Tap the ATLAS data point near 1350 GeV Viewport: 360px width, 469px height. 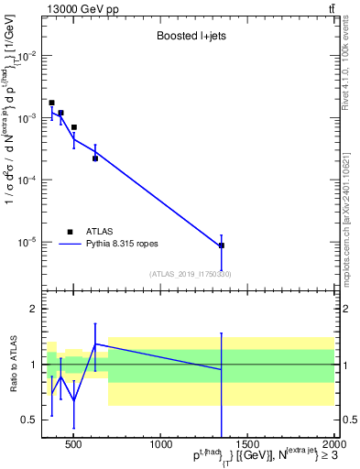click(x=222, y=245)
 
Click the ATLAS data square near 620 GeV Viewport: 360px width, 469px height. click(x=95, y=158)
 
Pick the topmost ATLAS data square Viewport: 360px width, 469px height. click(x=51, y=103)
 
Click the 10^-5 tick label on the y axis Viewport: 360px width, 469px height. click(x=26, y=243)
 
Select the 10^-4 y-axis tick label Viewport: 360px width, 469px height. click(x=26, y=180)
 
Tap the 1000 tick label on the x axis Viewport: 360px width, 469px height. click(x=161, y=446)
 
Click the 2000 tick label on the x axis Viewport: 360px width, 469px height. click(x=333, y=446)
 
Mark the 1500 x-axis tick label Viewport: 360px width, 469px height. click(x=247, y=446)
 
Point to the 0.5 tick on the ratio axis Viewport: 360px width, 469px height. click(x=27, y=420)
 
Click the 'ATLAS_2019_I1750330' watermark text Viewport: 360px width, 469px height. click(x=190, y=274)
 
